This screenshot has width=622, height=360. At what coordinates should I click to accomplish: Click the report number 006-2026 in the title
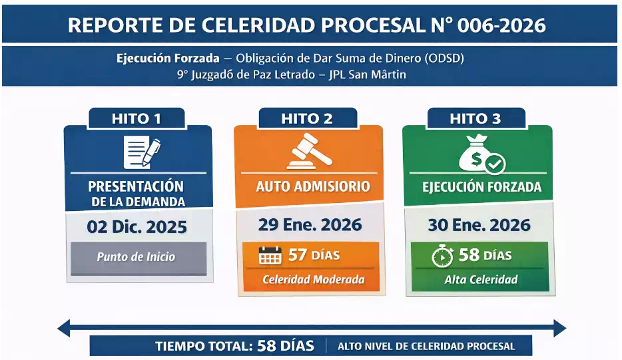point(499,25)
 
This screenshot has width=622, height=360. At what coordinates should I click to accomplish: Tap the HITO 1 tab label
point(137,118)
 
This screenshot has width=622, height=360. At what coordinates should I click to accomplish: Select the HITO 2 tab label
point(307,118)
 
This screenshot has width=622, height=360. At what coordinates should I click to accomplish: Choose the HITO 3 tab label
point(475,118)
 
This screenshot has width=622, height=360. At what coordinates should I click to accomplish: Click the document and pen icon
point(142,152)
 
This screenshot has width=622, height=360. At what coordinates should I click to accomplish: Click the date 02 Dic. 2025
point(137,227)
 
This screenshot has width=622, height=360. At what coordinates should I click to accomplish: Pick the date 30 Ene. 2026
point(479,224)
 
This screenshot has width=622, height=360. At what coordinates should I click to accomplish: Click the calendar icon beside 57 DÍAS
point(270,255)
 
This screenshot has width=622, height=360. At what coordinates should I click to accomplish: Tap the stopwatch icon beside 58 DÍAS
point(442,256)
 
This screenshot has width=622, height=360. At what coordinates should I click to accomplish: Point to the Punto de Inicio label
point(136,256)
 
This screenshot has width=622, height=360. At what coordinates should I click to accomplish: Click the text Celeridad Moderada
point(313,279)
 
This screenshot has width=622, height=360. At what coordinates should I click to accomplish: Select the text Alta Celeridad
point(481,279)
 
